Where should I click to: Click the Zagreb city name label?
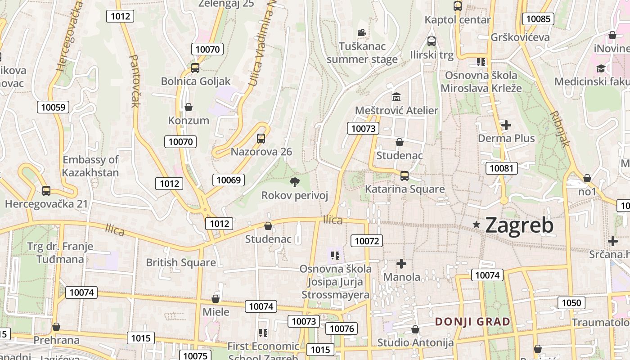click(519, 225)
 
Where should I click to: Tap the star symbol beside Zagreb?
click(477, 224)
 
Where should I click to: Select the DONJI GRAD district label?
click(472, 322)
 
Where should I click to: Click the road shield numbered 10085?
click(538, 19)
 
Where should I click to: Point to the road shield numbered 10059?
click(53, 107)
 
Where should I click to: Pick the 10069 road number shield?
click(229, 180)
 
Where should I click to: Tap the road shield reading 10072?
click(367, 241)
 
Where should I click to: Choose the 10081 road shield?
click(501, 168)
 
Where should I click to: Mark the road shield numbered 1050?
click(571, 303)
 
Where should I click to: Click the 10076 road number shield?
click(342, 328)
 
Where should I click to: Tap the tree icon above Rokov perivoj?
click(295, 182)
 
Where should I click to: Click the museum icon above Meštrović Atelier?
click(396, 97)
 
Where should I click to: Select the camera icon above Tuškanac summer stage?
click(362, 32)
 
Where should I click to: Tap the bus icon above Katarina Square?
click(405, 176)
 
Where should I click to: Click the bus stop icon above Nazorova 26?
click(261, 138)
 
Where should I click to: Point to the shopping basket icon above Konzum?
click(189, 107)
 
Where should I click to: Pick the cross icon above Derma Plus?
click(506, 125)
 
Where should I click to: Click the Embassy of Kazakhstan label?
click(90, 166)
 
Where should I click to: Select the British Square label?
click(181, 262)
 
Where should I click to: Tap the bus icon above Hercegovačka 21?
click(46, 190)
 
